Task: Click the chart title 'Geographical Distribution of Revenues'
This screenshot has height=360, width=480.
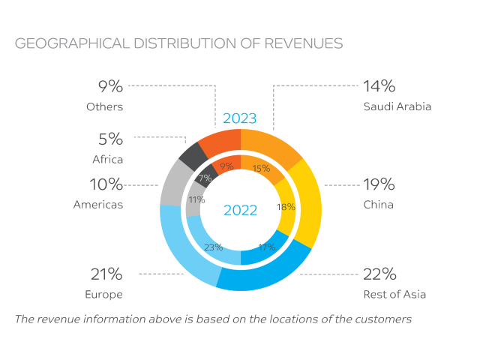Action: [x=178, y=43]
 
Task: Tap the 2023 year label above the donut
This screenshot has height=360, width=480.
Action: [x=239, y=118]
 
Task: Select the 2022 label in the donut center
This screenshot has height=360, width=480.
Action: [x=240, y=210]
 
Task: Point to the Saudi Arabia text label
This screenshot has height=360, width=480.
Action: [x=397, y=106]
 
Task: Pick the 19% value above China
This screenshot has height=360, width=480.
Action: [x=379, y=184]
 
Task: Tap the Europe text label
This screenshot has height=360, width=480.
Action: [x=104, y=294]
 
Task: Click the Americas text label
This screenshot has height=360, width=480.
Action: [x=97, y=204]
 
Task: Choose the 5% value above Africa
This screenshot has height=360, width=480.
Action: [x=110, y=139]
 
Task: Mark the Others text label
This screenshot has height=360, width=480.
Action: [x=104, y=106]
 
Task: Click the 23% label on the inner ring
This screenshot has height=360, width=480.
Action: [x=214, y=247]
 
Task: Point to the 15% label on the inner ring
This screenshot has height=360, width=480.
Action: [x=261, y=169]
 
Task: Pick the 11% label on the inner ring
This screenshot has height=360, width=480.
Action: [x=196, y=200]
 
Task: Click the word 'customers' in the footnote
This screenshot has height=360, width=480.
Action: [x=382, y=319]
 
